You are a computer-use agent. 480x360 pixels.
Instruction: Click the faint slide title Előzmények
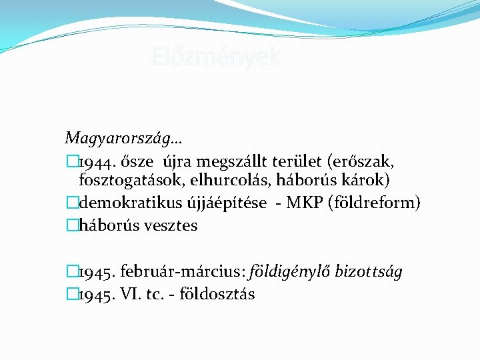217,57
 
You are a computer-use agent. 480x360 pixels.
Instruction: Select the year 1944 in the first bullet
95,161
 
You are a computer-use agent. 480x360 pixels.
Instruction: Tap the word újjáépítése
228,203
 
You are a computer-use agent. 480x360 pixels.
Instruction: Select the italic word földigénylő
291,272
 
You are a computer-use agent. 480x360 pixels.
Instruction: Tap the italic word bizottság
369,272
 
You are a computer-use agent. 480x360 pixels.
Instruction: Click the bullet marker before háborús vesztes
72,225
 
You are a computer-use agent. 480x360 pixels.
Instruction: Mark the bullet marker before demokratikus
72,203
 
